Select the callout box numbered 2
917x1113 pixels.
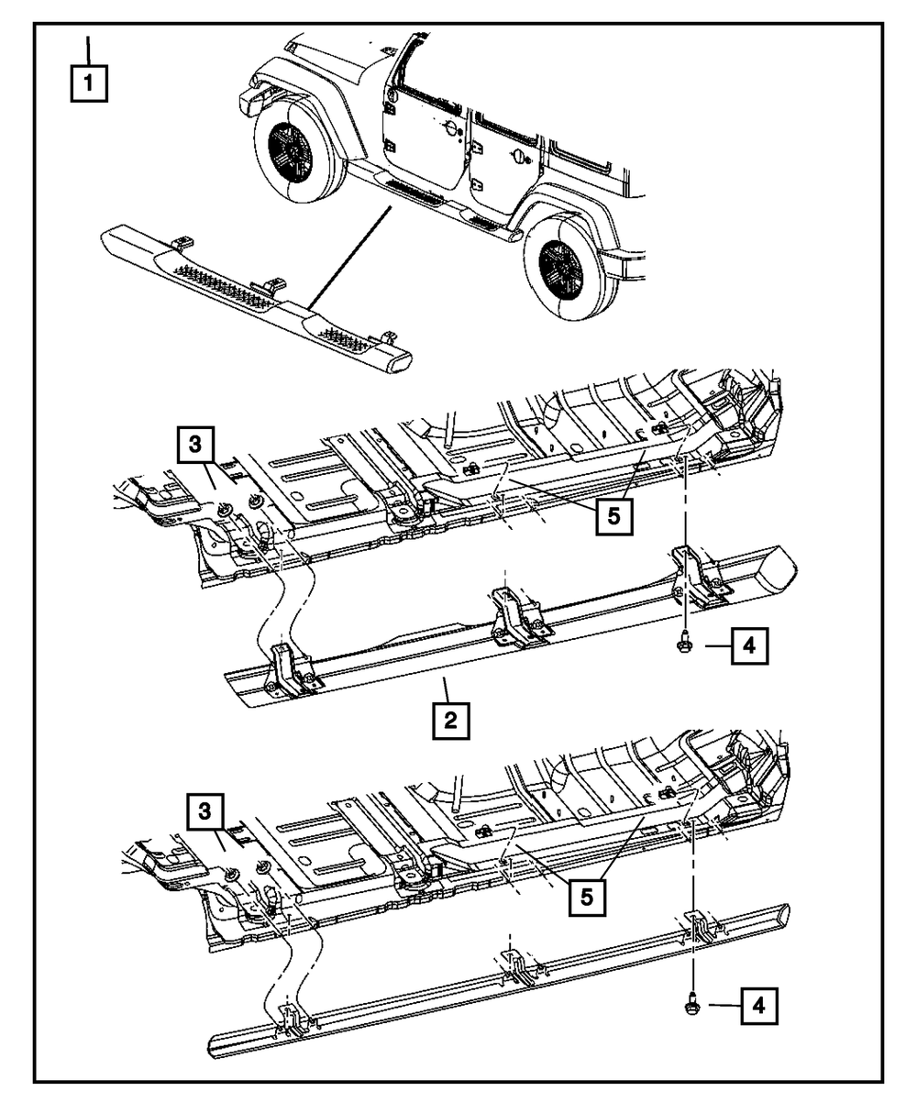(449, 721)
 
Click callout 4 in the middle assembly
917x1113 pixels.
(748, 648)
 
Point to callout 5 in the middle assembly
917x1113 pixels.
(613, 517)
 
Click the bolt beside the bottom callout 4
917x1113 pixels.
(690, 1006)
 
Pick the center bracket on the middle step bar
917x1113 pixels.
(509, 615)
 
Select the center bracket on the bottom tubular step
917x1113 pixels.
(514, 963)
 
